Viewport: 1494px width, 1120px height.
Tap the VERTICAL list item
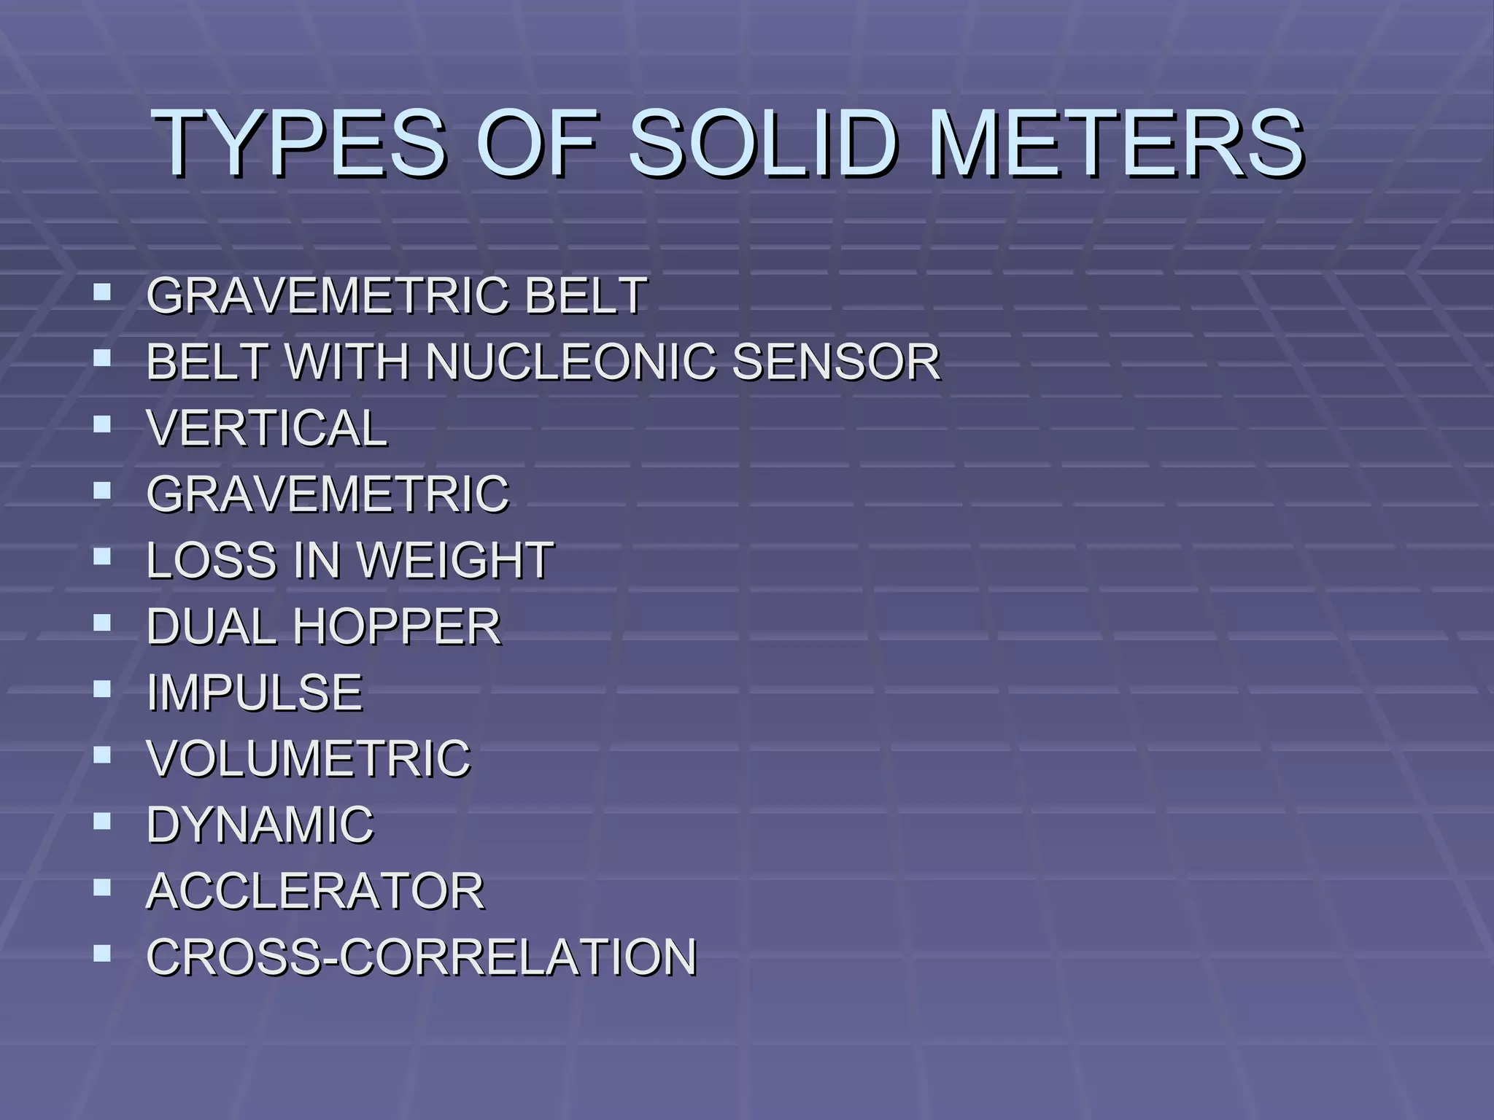[267, 428]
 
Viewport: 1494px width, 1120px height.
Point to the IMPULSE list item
[255, 693]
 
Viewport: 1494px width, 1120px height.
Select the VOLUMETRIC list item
[309, 759]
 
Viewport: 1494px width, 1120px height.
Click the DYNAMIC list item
[260, 825]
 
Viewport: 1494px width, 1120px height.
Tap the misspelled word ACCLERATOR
[315, 891]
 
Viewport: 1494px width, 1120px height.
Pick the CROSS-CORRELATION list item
[422, 957]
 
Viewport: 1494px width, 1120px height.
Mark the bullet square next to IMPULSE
[102, 688]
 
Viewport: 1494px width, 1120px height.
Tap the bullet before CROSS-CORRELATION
[102, 952]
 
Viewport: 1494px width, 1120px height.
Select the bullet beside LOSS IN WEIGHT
[102, 556]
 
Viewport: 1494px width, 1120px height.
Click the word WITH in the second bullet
[346, 362]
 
